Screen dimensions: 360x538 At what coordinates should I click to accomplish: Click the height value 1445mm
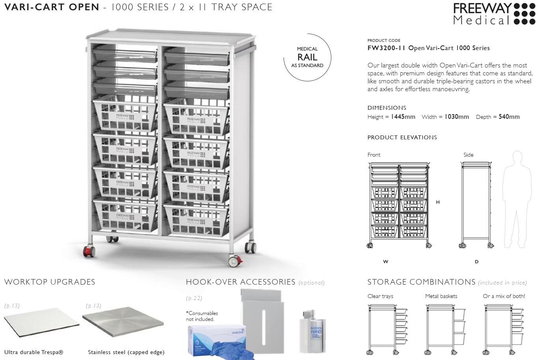coord(403,117)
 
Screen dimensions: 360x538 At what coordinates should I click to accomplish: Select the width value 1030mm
coord(457,117)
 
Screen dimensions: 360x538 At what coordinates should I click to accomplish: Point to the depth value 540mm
coord(509,117)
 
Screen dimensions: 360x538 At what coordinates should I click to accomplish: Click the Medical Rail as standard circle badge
coord(307,58)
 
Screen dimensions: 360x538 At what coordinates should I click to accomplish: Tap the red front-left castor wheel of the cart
coord(88,251)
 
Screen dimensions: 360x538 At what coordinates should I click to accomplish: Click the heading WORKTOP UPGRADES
coord(50,282)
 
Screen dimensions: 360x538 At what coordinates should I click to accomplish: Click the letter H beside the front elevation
coord(438,202)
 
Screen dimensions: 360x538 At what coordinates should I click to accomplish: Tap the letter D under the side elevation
coord(476,262)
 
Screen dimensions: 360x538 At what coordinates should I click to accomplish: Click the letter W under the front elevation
coord(385,262)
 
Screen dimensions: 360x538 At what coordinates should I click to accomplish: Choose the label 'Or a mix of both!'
coord(504,296)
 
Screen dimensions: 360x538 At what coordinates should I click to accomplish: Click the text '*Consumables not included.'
coord(202,316)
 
